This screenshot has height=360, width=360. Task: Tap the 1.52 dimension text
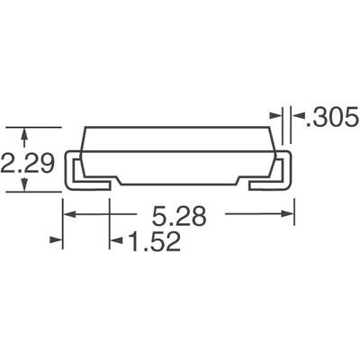(x=147, y=241)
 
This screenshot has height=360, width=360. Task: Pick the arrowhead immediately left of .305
(x=275, y=115)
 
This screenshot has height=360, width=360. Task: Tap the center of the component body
(x=178, y=153)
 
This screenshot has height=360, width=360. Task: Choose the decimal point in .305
(x=301, y=123)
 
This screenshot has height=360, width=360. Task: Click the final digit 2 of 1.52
(x=169, y=241)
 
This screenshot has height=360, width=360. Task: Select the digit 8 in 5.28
(x=201, y=216)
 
